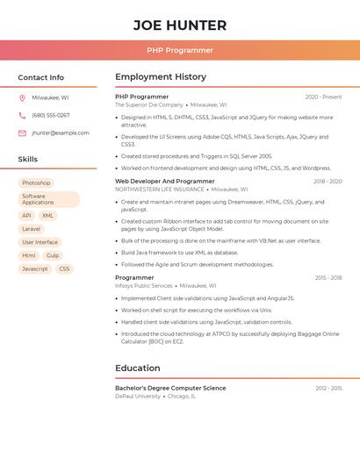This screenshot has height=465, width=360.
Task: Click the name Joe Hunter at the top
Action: [x=179, y=25]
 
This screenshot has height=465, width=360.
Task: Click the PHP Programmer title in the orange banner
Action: [x=179, y=50]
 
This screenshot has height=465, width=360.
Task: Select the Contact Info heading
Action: [x=40, y=77]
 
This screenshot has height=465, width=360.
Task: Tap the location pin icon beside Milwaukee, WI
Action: [x=22, y=97]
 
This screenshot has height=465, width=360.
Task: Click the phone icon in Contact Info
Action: [x=22, y=115]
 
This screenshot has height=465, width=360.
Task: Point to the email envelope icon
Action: [x=22, y=132]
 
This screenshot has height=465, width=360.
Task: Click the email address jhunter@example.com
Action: [x=61, y=132]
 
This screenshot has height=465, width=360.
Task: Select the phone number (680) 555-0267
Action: [x=51, y=115]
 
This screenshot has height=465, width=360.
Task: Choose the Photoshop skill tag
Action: [x=36, y=182]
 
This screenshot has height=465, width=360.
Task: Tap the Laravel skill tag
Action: [x=31, y=229]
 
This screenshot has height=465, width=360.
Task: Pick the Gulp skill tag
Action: [x=53, y=255]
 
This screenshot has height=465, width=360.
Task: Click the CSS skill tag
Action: [x=64, y=268]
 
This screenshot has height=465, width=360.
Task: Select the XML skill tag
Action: [x=47, y=215]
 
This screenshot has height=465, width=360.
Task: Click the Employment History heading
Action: [x=161, y=77]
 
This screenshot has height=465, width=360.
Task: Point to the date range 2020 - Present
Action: [x=323, y=97]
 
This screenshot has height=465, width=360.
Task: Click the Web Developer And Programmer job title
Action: [x=165, y=181]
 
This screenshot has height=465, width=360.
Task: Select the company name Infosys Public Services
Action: [x=144, y=285]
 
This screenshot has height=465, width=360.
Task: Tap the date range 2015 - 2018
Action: [x=328, y=277]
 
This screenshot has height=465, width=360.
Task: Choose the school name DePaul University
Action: [x=138, y=396]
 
